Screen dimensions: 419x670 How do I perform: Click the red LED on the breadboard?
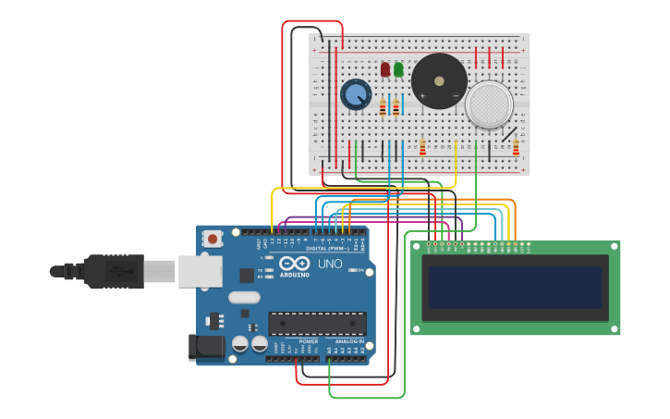385,69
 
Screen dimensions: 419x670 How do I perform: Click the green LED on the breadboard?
398,69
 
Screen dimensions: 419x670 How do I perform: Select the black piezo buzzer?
439,80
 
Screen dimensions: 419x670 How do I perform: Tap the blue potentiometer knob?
356,94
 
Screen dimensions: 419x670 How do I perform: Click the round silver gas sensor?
489,105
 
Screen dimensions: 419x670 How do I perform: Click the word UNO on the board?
330,264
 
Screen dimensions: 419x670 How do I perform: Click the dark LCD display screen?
515,288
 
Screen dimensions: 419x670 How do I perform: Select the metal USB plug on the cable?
159,271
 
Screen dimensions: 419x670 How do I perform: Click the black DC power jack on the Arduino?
206,347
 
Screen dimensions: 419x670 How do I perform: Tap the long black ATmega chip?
317,324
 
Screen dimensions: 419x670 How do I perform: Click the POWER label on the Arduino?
309,341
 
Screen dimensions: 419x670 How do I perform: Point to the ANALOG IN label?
349,341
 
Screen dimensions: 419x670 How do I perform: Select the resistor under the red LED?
383,108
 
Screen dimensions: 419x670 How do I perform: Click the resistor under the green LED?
396,108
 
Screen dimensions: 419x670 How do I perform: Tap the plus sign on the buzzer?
422,95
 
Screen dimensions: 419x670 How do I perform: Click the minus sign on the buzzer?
456,95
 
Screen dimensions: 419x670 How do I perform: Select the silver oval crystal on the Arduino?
244,298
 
